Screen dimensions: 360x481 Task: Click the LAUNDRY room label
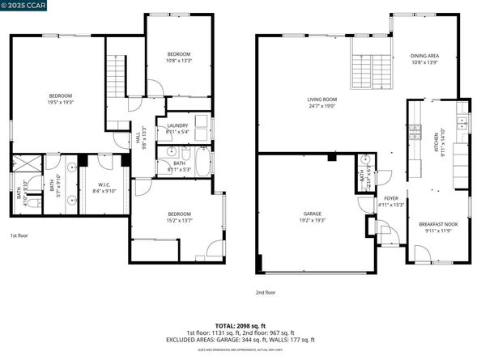point(177,125)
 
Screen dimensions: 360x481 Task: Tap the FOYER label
point(391,198)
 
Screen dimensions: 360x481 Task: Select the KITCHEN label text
point(443,134)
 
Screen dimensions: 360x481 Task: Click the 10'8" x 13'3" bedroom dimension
point(177,59)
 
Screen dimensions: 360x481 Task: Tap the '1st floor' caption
point(20,235)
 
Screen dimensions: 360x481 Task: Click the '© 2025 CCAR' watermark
point(24,6)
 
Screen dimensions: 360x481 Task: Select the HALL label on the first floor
point(144,137)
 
